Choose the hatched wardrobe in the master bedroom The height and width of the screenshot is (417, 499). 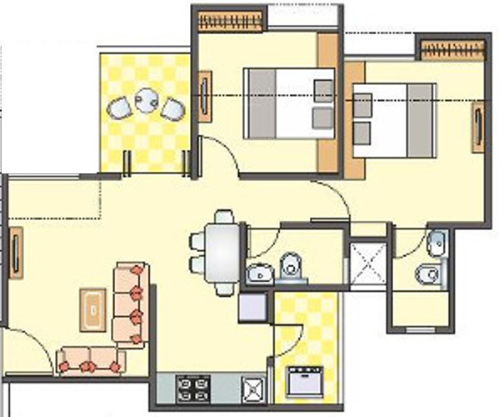[x=452, y=51]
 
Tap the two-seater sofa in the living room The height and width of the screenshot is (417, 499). [x=91, y=360]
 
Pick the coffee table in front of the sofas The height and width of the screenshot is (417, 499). [x=93, y=307]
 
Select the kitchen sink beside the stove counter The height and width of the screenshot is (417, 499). [x=252, y=388]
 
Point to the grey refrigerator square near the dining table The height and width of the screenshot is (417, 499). [x=253, y=308]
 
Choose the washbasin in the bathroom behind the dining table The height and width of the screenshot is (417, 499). [x=260, y=271]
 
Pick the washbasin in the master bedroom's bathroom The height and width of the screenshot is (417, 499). [x=437, y=242]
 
